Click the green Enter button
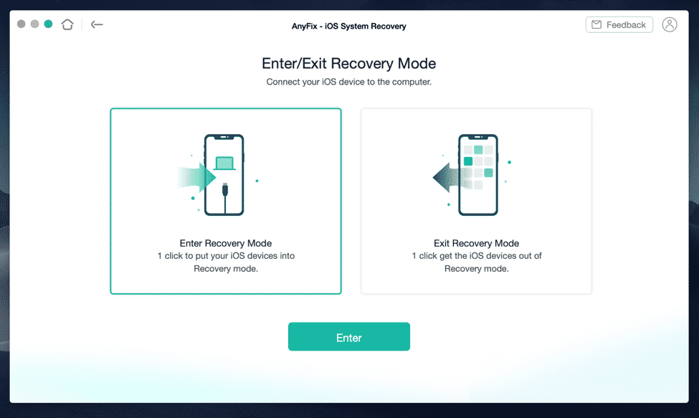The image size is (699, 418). click(348, 337)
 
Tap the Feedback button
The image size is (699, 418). click(619, 25)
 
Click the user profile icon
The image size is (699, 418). click(670, 25)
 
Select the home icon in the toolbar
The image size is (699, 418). click(67, 24)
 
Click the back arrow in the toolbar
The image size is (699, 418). click(97, 24)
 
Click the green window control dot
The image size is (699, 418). click(48, 24)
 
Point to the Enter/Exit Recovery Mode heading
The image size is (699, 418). click(348, 64)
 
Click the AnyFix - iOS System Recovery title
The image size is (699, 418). click(348, 27)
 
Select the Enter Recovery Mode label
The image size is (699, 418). click(225, 243)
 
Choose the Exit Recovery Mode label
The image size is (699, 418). click(476, 243)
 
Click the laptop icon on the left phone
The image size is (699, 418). click(224, 164)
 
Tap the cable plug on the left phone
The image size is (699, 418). click(226, 191)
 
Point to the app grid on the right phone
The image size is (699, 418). click(477, 167)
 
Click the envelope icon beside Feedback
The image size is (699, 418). click(596, 25)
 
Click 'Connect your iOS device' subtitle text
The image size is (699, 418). click(348, 82)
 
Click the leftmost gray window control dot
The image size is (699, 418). click(22, 24)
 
